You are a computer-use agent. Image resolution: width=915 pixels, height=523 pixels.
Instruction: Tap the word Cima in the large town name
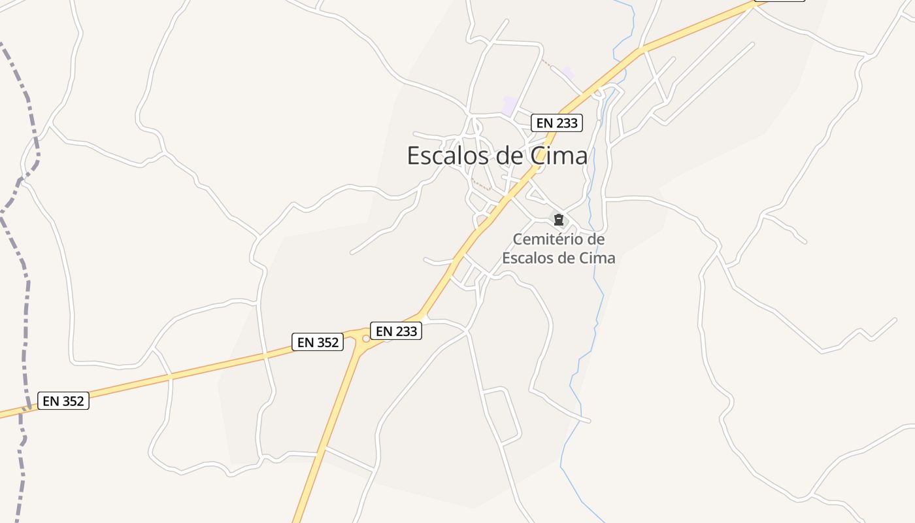pyautogui.click(x=559, y=156)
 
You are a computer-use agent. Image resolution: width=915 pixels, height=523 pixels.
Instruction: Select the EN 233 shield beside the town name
pyautogui.click(x=556, y=122)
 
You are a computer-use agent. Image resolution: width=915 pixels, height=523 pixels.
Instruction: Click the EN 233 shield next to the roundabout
pyautogui.click(x=396, y=331)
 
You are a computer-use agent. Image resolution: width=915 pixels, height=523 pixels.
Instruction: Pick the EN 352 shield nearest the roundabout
pyautogui.click(x=317, y=341)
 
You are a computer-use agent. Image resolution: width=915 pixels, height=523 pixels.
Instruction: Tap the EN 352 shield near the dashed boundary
pyautogui.click(x=63, y=401)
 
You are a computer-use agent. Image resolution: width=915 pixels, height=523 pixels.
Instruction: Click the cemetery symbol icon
pyautogui.click(x=558, y=220)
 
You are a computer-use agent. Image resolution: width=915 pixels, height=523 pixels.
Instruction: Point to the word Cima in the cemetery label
pyautogui.click(x=596, y=258)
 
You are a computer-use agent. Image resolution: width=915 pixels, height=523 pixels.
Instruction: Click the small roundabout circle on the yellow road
pyautogui.click(x=366, y=339)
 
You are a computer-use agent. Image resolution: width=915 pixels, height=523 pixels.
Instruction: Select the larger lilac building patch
pyautogui.click(x=510, y=105)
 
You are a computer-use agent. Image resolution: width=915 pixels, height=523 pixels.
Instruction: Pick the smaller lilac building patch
pyautogui.click(x=568, y=73)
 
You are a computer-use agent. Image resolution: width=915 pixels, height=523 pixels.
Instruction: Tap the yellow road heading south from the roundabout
pyautogui.click(x=333, y=418)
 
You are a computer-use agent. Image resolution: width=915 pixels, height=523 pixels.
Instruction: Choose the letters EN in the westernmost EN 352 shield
pyautogui.click(x=51, y=401)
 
